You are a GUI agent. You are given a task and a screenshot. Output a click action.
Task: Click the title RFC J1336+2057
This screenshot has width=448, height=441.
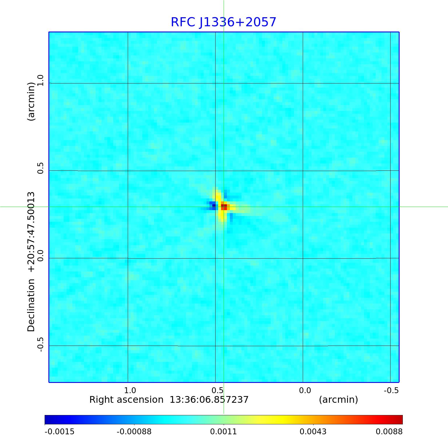coord(223,22)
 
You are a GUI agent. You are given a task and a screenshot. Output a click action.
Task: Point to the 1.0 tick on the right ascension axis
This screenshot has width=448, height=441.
coord(130,390)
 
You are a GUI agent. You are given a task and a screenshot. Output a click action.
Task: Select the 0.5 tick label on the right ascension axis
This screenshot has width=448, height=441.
coord(218,390)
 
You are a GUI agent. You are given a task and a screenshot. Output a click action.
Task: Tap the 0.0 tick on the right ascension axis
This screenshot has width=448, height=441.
coord(305,390)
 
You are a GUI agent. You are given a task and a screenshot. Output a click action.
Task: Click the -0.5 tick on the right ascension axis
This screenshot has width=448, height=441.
coord(391,390)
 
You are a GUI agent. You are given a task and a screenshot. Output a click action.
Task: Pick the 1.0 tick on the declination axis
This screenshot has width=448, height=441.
coord(40,80)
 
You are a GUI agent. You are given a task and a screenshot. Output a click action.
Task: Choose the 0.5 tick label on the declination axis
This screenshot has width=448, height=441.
coord(40,168)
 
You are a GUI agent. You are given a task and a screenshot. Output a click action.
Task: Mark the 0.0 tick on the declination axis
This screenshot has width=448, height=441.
coord(40,255)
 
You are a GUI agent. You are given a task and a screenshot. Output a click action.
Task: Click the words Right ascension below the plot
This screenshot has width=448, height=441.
coord(126,400)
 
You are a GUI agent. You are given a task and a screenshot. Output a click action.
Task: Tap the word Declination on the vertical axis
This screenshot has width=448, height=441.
coord(31,305)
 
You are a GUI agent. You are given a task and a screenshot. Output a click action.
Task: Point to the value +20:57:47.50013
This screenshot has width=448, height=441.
coord(31,232)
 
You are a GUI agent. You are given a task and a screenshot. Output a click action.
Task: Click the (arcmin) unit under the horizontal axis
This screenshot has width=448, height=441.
coord(338,400)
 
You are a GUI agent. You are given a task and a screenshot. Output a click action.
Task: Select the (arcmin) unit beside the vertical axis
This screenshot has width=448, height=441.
coord(31,101)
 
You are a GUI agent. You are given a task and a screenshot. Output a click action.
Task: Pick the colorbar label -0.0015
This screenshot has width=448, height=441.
coord(60,432)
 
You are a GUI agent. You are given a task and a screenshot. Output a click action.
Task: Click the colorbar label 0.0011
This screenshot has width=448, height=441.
coord(223,432)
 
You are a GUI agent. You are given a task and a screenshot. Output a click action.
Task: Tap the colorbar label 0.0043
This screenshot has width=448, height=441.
coord(313,432)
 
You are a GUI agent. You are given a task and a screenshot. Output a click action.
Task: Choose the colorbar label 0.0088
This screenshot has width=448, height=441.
coord(389,432)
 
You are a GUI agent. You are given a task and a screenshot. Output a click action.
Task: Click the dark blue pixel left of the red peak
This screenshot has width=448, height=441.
coord(214,205)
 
